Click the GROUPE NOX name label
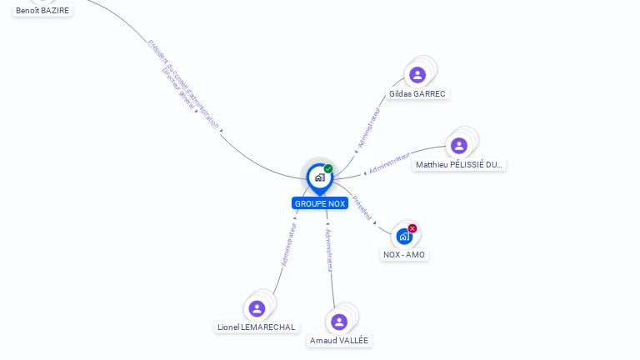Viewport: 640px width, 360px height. [319, 203]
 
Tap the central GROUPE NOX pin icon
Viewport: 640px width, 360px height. [319, 177]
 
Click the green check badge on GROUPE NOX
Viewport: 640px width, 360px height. [328, 169]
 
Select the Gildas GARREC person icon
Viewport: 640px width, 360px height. [417, 75]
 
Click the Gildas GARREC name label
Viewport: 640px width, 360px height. [417, 93]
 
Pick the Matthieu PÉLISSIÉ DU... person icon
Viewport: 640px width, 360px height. [458, 146]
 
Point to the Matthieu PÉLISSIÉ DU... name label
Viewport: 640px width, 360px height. [459, 165]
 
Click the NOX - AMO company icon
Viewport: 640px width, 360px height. [404, 237]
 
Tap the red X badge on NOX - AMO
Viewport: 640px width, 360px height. [412, 228]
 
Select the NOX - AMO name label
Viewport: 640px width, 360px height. [404, 254]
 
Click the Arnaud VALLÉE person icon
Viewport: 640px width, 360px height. [338, 322]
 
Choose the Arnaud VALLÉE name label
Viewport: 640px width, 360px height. [339, 340]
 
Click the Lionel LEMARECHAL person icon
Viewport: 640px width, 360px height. [257, 309]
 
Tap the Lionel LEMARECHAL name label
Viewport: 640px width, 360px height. [257, 327]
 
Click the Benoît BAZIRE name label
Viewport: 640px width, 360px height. [42, 11]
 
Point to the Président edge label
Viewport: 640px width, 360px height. [362, 207]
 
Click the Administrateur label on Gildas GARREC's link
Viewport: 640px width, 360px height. [368, 128]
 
